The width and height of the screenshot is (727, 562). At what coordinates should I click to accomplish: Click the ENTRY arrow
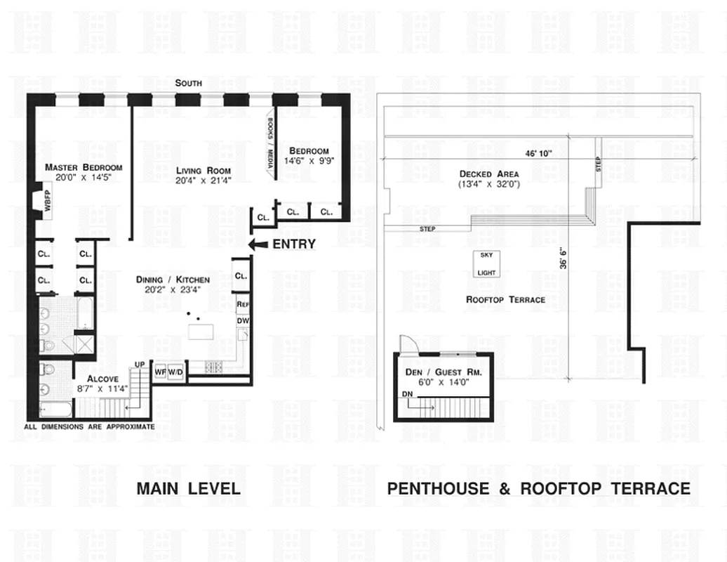[258, 244]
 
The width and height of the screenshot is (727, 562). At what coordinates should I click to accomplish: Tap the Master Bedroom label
[84, 167]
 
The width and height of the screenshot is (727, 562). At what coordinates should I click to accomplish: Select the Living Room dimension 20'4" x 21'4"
[204, 181]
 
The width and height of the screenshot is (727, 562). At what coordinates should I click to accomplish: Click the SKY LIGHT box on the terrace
[486, 264]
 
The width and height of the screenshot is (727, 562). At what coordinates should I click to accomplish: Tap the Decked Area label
[489, 174]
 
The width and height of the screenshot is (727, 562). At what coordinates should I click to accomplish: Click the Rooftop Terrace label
[505, 299]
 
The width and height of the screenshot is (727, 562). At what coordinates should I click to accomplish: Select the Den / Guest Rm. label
[443, 372]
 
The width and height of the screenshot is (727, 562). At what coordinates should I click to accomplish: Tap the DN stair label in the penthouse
[407, 395]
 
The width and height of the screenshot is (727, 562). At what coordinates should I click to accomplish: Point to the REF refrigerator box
[244, 304]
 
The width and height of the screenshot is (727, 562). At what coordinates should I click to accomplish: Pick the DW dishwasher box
[244, 320]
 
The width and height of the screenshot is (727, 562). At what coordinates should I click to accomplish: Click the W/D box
[175, 372]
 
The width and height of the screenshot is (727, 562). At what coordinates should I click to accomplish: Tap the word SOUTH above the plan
[189, 83]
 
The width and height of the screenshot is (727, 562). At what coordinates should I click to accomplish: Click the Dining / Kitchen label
[173, 280]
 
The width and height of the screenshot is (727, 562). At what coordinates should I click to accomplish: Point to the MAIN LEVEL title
[188, 488]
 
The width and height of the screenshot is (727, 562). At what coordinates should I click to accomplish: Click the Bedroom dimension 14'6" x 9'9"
[309, 161]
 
